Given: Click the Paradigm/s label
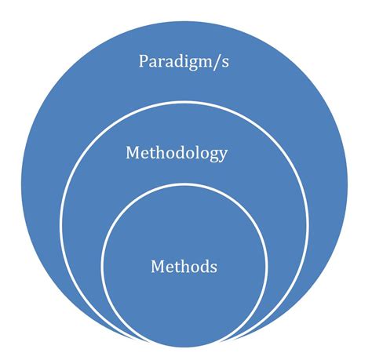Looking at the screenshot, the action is [184, 62].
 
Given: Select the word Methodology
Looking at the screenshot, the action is [177, 154].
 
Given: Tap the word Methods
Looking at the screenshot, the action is [184, 267].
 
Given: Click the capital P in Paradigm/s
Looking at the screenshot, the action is [143, 61].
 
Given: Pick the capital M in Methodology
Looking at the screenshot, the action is [133, 152].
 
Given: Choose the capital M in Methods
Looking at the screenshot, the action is [158, 267].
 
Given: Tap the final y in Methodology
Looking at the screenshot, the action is [223, 156].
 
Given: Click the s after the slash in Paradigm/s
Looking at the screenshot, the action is [225, 64].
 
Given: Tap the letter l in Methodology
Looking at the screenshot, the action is [195, 152].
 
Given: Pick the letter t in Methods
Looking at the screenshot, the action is [177, 267].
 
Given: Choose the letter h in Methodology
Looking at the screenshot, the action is [160, 152].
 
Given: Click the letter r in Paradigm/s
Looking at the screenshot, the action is [160, 64].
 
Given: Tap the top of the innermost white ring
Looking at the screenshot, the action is [184, 184].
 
